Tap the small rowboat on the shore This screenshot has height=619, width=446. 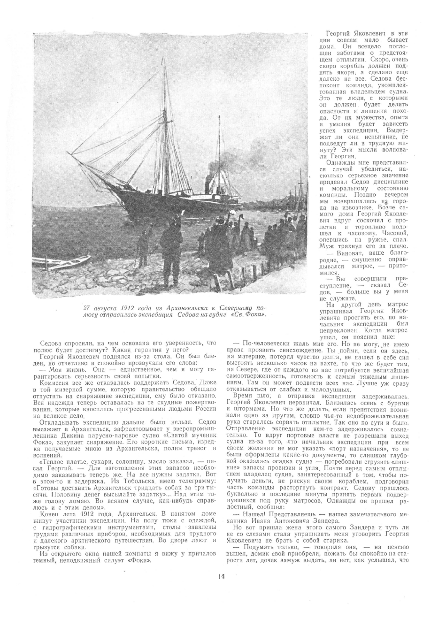click(70, 261)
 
